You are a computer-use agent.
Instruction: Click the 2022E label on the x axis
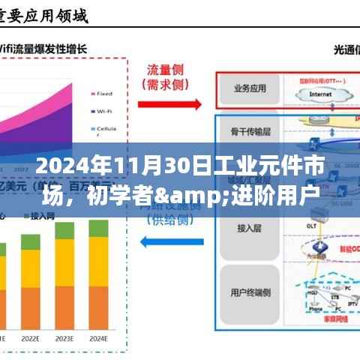(x=30, y=337)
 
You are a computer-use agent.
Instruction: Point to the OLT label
(x=309, y=223)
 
